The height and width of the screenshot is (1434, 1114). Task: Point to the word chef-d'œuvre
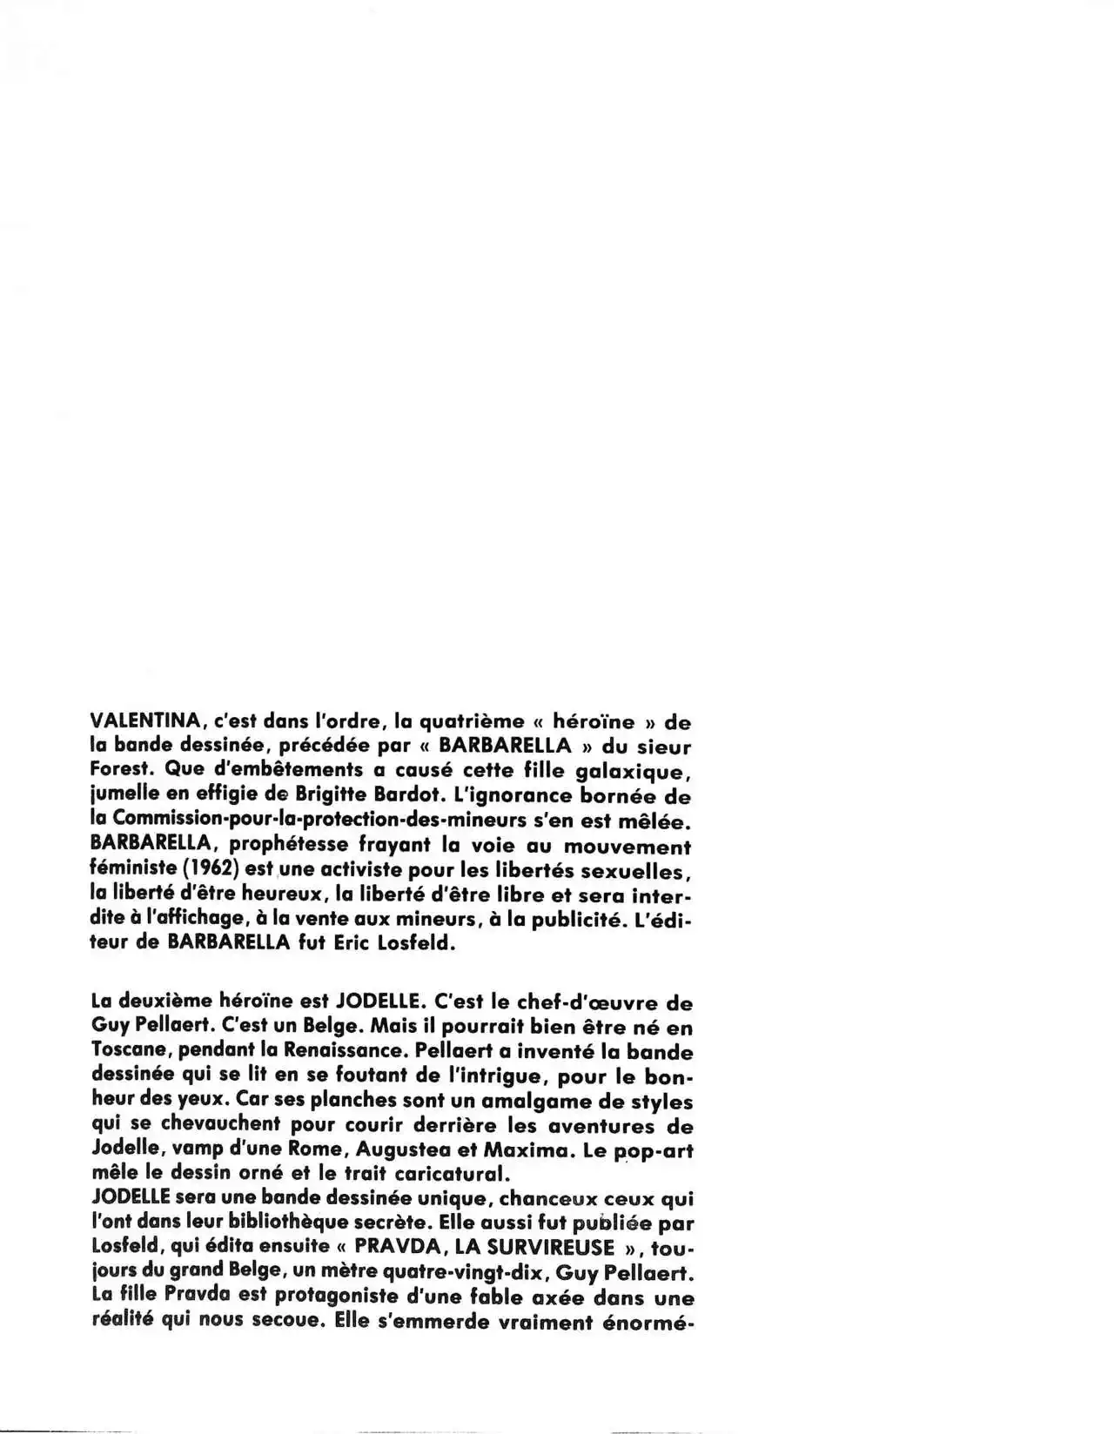(x=571, y=1002)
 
